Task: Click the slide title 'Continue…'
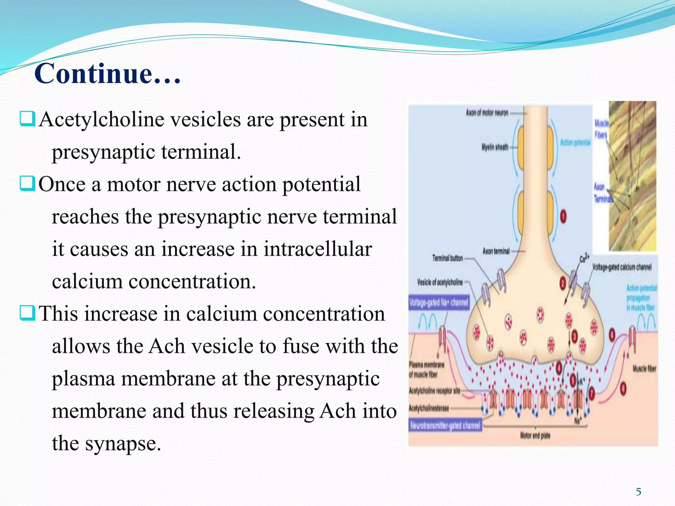point(107,73)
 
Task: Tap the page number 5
point(638,492)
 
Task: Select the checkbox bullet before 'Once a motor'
point(27,183)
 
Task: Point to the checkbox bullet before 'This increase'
point(27,313)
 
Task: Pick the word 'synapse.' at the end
point(123,443)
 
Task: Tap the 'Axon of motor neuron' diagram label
point(487,113)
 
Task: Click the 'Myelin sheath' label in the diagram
point(495,147)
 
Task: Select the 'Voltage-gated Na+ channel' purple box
point(439,302)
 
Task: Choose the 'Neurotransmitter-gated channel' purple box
point(445,426)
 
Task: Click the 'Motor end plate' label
point(535,436)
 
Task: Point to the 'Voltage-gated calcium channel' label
point(622,267)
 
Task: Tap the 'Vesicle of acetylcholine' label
point(440,282)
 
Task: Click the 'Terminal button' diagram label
point(447,258)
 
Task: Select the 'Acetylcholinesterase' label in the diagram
point(428,408)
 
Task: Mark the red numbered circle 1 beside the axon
point(563,216)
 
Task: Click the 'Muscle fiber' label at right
point(644,368)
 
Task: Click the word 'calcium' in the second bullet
point(87,282)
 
